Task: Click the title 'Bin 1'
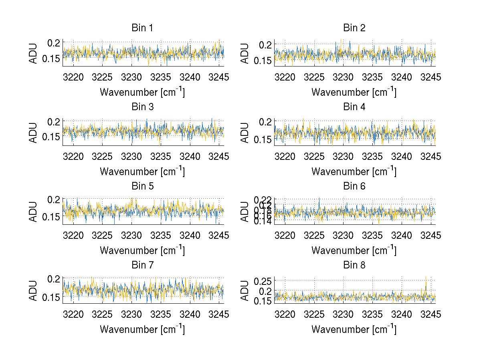[x=142, y=28]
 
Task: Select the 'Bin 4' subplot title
[x=354, y=107]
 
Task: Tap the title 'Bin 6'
[x=354, y=186]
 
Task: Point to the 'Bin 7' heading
[x=142, y=265]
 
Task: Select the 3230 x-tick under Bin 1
[x=131, y=77]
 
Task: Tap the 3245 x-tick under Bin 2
[x=431, y=77]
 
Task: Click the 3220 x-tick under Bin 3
[x=74, y=156]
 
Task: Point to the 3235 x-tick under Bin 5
[x=161, y=235]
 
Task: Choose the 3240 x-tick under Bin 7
[x=190, y=314]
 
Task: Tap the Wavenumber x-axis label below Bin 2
[x=354, y=92]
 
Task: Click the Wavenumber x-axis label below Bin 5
[x=142, y=250]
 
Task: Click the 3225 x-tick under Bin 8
[x=314, y=314]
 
